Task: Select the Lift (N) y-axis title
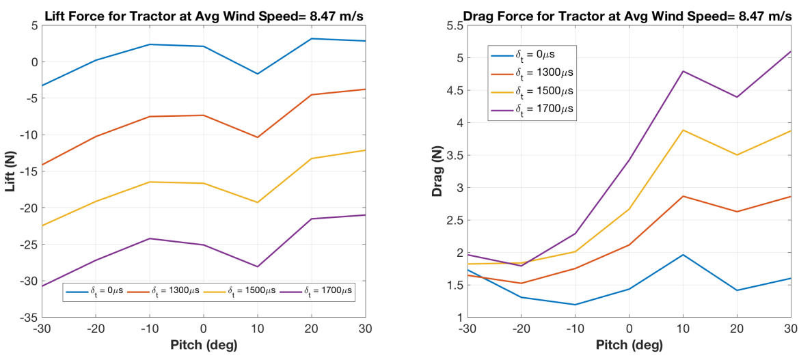coord(11,171)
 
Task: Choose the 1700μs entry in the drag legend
coord(534,109)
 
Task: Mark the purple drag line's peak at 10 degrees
coord(683,71)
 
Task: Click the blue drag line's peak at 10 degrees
coord(683,254)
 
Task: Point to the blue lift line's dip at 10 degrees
coord(257,74)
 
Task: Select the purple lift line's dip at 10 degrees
coord(257,266)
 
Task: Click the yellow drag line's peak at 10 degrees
coord(683,130)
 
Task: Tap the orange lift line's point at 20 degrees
coord(311,95)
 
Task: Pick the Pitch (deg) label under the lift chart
coord(203,345)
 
